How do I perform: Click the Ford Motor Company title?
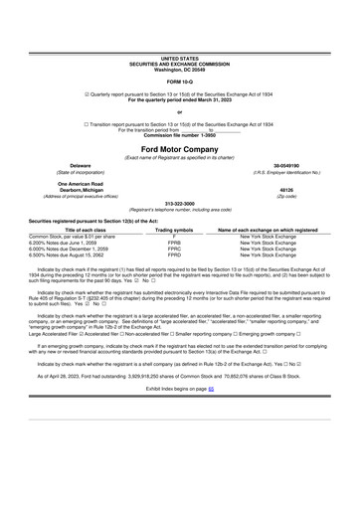[179, 148]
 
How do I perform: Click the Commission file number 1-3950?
[179, 133]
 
